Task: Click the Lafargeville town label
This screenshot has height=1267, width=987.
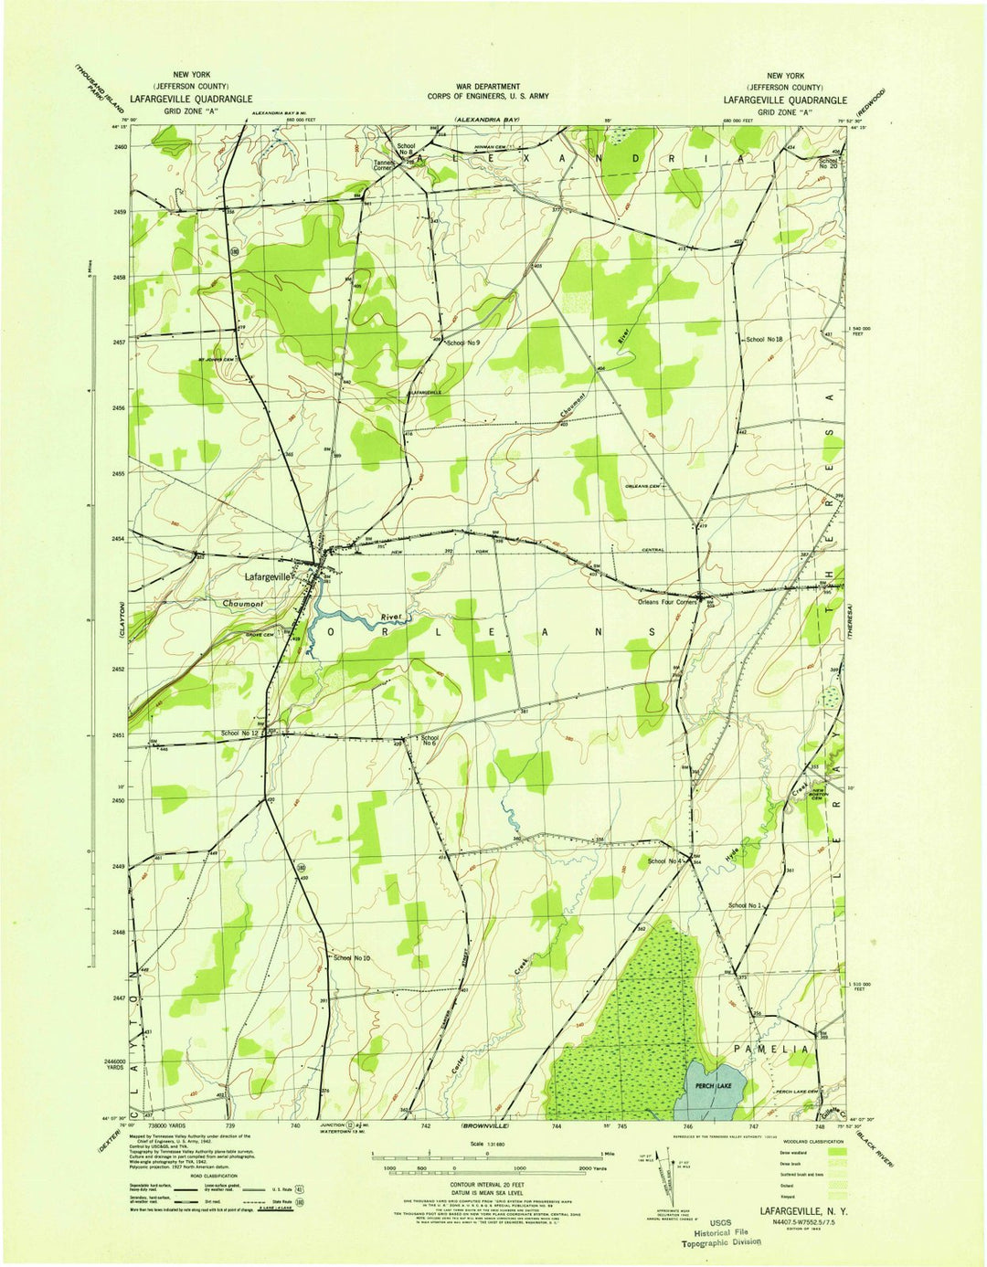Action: pos(267,577)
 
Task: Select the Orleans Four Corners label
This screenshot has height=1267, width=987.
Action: pos(667,603)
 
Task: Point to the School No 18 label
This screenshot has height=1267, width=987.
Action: pos(764,339)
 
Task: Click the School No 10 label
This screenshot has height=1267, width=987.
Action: pos(352,957)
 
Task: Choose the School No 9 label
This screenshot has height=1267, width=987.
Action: pos(462,343)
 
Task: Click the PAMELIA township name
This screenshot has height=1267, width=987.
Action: pos(770,1050)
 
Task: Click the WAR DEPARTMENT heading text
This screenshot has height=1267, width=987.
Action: pos(488,86)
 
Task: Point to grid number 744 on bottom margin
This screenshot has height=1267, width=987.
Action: pos(557,1126)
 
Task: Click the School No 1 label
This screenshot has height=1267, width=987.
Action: pos(744,905)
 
